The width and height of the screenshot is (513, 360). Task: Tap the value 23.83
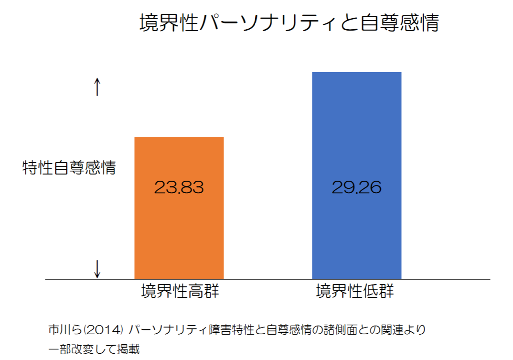(x=179, y=187)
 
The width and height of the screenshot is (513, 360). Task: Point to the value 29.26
(x=356, y=187)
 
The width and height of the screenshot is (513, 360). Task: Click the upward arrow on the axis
(x=97, y=87)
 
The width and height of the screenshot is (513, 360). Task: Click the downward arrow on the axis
(x=97, y=268)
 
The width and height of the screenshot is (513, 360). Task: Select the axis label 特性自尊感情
(x=69, y=168)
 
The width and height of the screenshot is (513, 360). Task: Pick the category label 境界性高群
(x=180, y=291)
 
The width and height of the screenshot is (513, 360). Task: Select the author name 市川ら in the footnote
(x=65, y=330)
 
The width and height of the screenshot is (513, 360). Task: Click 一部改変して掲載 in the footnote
(x=94, y=349)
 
